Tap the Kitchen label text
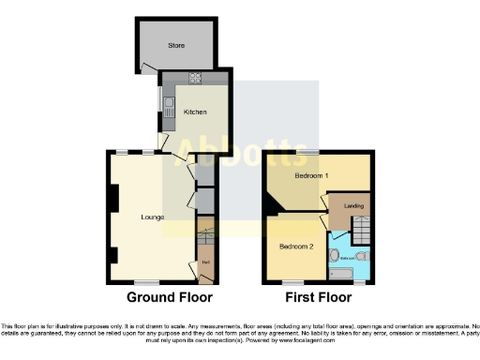click(x=195, y=112)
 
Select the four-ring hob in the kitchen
click(x=196, y=78)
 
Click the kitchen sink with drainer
click(x=169, y=109)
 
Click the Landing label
click(x=354, y=207)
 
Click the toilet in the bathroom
click(x=362, y=254)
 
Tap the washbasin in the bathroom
click(x=334, y=254)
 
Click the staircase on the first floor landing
click(x=361, y=227)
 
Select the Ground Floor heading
click(x=170, y=297)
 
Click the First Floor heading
click(x=318, y=297)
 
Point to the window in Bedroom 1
click(x=307, y=151)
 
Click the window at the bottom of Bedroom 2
click(x=294, y=281)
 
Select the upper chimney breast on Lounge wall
click(x=113, y=198)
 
